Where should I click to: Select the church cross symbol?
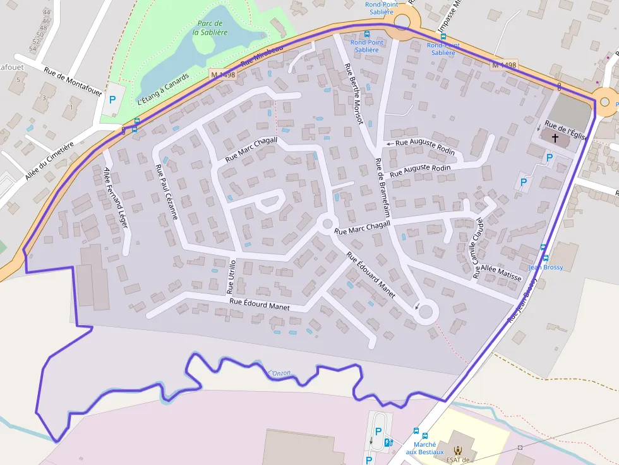click(555, 138)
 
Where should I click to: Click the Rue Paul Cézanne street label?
click(167, 192)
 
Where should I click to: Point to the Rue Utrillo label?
click(231, 276)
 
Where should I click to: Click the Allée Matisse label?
click(501, 273)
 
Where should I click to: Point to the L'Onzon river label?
click(279, 373)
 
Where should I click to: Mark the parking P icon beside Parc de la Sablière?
click(112, 99)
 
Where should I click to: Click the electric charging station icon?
click(388, 442)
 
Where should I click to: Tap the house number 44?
click(46, 13)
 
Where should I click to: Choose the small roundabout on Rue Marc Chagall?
click(327, 223)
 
